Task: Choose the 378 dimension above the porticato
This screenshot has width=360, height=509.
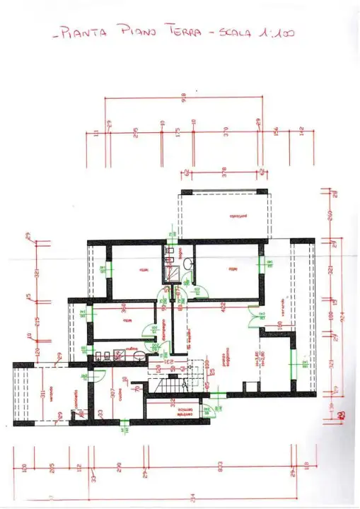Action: click(x=223, y=170)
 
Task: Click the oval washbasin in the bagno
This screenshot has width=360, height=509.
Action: click(x=188, y=264)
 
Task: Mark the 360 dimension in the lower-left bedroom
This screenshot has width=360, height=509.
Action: click(x=121, y=308)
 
